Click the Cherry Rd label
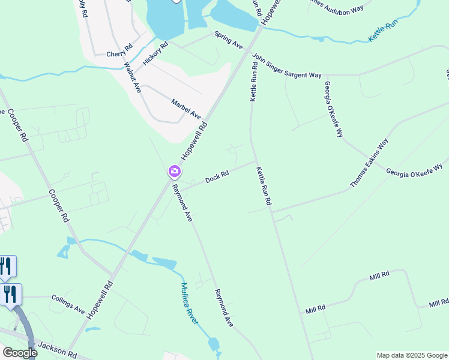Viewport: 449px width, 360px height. [x=119, y=51]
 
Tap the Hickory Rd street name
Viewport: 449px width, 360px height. [x=155, y=53]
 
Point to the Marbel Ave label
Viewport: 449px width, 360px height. [x=186, y=109]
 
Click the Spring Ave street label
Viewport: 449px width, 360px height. [x=229, y=40]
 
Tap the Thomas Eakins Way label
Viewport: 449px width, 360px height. [x=369, y=163]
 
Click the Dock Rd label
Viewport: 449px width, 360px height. [x=217, y=177]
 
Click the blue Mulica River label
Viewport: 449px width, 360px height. [x=190, y=304]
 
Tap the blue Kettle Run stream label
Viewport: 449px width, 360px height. [x=383, y=31]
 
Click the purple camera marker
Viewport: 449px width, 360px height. [x=174, y=172]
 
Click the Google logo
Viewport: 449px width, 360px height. [x=19, y=353]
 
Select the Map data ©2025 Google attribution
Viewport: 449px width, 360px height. [x=411, y=355]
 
